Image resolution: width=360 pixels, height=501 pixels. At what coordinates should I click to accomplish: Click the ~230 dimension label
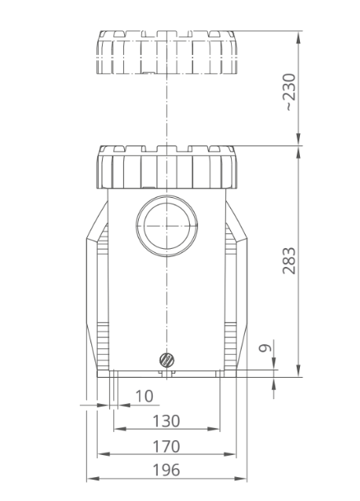(x=290, y=92)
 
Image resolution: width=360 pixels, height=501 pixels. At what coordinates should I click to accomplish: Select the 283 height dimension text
(x=289, y=260)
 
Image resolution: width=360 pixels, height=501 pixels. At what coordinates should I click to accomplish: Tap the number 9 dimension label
(x=265, y=348)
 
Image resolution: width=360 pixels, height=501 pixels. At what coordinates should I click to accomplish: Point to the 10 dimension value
(x=145, y=396)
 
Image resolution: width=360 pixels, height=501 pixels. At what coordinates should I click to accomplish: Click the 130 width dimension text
(x=166, y=421)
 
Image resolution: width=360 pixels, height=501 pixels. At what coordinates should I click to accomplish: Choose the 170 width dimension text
(x=166, y=446)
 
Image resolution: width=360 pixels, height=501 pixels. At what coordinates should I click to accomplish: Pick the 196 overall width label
(x=166, y=470)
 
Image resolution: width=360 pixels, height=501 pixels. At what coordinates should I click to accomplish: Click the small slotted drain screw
(x=166, y=360)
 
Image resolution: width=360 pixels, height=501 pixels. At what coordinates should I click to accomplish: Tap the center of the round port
(x=167, y=226)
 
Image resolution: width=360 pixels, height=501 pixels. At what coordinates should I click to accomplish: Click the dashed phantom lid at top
(x=167, y=53)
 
